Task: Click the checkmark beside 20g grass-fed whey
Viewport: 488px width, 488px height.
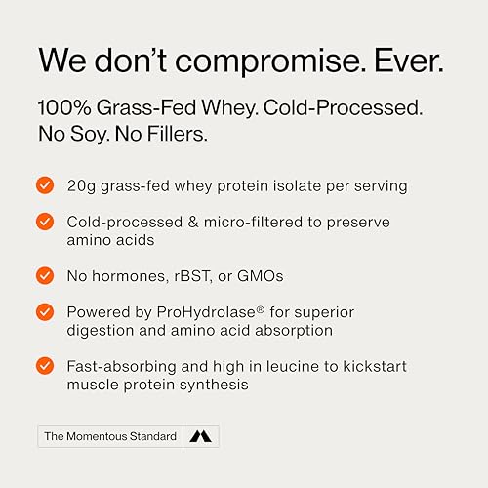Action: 45,185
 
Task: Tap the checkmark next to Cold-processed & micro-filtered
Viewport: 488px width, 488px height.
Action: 45,222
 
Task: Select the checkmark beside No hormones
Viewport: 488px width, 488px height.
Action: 45,275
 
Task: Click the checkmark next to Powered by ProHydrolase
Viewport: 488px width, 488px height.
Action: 45,311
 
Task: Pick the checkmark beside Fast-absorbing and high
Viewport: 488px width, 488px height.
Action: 45,365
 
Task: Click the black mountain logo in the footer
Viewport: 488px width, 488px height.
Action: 201,436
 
